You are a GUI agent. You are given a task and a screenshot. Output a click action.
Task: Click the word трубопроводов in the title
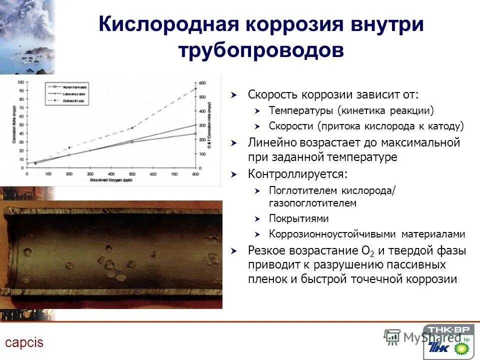pyautogui.click(x=261, y=50)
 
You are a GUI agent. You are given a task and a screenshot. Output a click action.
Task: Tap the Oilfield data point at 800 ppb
pyautogui.click(x=195, y=89)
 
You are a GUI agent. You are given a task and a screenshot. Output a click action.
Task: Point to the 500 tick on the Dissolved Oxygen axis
pyautogui.click(x=132, y=173)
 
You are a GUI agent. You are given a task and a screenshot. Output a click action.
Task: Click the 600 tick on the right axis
pyautogui.click(x=202, y=82)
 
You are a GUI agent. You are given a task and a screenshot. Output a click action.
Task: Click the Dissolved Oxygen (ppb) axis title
pyautogui.click(x=111, y=179)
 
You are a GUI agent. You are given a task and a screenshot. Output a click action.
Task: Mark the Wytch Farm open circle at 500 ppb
pyautogui.click(x=132, y=142)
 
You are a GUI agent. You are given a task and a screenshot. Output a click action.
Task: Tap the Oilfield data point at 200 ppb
pyautogui.click(x=69, y=148)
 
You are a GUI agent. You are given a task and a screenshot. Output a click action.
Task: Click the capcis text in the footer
pyautogui.click(x=24, y=342)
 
